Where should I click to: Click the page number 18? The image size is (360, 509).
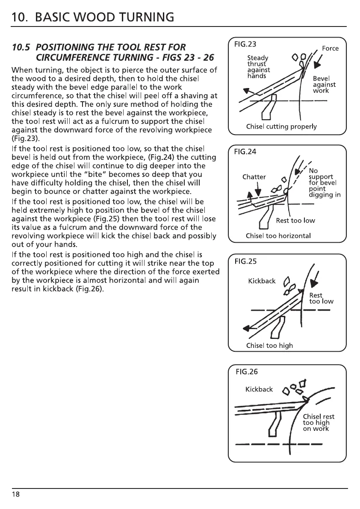pos(15,494)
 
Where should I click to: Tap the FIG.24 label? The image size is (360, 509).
pos(245,151)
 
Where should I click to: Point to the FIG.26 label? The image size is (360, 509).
pos(247,371)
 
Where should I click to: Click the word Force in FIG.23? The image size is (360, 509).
pos(330,48)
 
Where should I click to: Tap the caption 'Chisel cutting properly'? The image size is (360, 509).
pos(281,127)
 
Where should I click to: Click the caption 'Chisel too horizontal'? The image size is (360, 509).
pos(278,236)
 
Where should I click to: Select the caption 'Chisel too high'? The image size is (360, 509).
pos(269,345)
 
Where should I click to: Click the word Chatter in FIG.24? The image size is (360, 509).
pos(254,177)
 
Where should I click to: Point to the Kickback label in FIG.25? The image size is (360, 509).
pos(262,281)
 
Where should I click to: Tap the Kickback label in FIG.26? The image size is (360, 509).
pos(259,389)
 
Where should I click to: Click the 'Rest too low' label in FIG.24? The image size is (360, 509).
pos(295,221)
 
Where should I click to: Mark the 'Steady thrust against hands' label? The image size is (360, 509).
pos(258,67)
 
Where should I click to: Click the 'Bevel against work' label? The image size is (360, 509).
pos(324,85)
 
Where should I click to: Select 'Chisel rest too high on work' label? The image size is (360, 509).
pos(319,423)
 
